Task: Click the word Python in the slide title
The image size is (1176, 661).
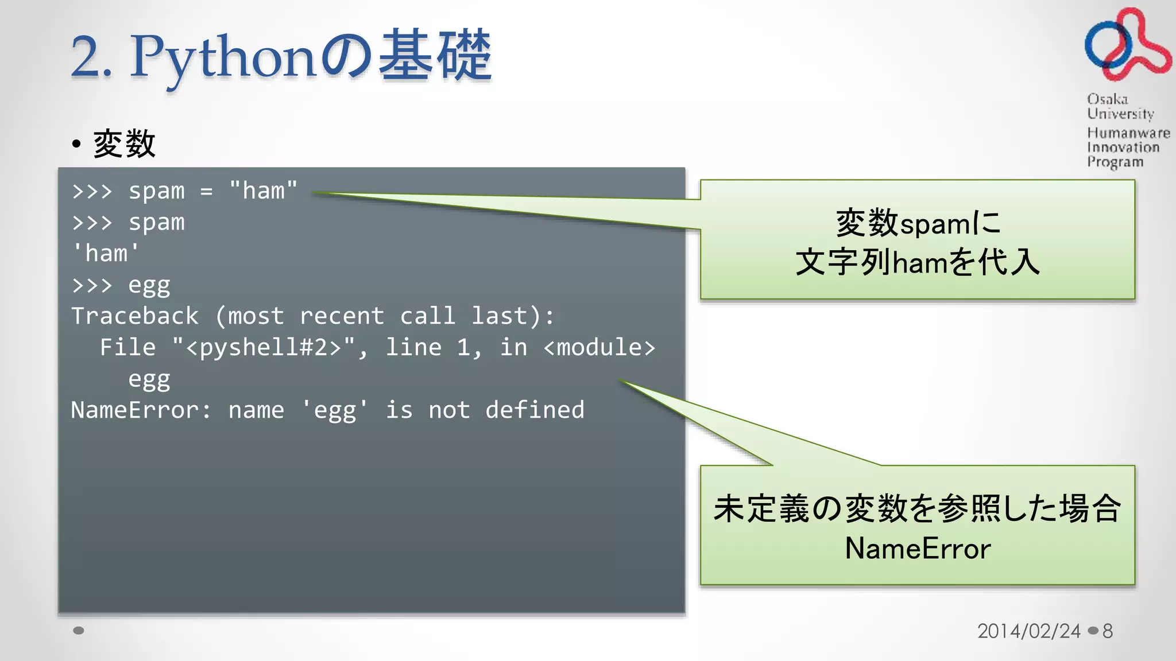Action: [x=223, y=56]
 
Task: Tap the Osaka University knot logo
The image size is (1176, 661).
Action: [x=1127, y=45]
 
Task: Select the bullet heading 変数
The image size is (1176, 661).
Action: [x=124, y=143]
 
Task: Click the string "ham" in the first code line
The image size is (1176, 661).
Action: [x=264, y=191]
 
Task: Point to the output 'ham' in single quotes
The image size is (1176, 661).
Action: [x=106, y=254]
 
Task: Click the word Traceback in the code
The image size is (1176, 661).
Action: [x=135, y=316]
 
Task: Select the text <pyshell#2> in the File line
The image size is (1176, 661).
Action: [x=264, y=348]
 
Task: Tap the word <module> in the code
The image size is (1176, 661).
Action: [x=599, y=348]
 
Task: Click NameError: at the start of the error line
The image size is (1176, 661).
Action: [x=141, y=410]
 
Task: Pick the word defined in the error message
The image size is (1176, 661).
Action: [x=535, y=410]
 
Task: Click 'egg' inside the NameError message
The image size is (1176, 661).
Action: [x=335, y=410]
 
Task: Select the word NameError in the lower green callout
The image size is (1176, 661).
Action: [x=917, y=549]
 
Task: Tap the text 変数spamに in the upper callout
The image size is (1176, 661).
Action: [x=917, y=223]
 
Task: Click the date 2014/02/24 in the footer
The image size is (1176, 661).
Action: [x=1028, y=631]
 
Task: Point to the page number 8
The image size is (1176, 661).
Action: [x=1108, y=631]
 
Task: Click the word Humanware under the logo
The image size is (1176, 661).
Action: [x=1128, y=133]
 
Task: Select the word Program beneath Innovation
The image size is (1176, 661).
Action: [x=1115, y=162]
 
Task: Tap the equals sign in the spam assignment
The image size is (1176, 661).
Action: [x=207, y=192]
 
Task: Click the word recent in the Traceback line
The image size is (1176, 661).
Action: [x=342, y=316]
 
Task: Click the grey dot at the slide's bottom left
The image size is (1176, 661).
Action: [x=79, y=631]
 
